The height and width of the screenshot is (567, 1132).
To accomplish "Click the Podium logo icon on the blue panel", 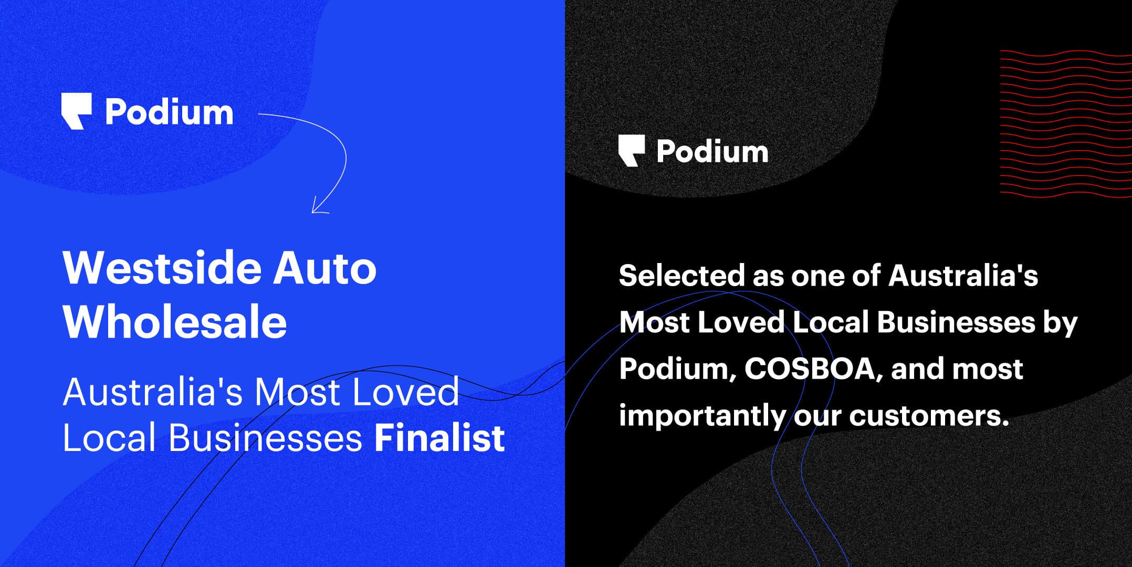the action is click(x=77, y=111).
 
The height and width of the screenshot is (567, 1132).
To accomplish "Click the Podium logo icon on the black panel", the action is click(x=632, y=151).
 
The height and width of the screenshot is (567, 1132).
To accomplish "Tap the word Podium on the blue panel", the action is click(x=169, y=112).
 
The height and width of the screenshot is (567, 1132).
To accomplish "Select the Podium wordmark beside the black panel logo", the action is click(x=712, y=151).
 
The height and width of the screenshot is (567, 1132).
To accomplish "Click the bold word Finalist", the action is click(x=439, y=438).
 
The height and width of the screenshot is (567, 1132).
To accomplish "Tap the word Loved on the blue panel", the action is click(x=405, y=392).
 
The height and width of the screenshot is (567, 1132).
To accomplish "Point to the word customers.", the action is click(x=929, y=415).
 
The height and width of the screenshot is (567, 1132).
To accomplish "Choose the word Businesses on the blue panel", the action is click(x=265, y=438).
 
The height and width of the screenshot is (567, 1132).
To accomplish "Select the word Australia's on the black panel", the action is click(x=963, y=275).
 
